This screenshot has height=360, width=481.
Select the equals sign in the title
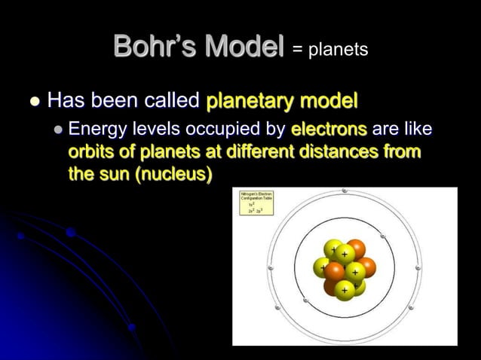pos(296,50)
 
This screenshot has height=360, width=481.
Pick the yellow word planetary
pos(246,101)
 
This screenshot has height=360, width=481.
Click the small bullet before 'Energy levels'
pos(60,131)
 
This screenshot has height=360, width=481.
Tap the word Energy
pos(95,131)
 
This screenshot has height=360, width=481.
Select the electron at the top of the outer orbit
pos(345,191)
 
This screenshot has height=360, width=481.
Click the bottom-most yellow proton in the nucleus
pos(345,288)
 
